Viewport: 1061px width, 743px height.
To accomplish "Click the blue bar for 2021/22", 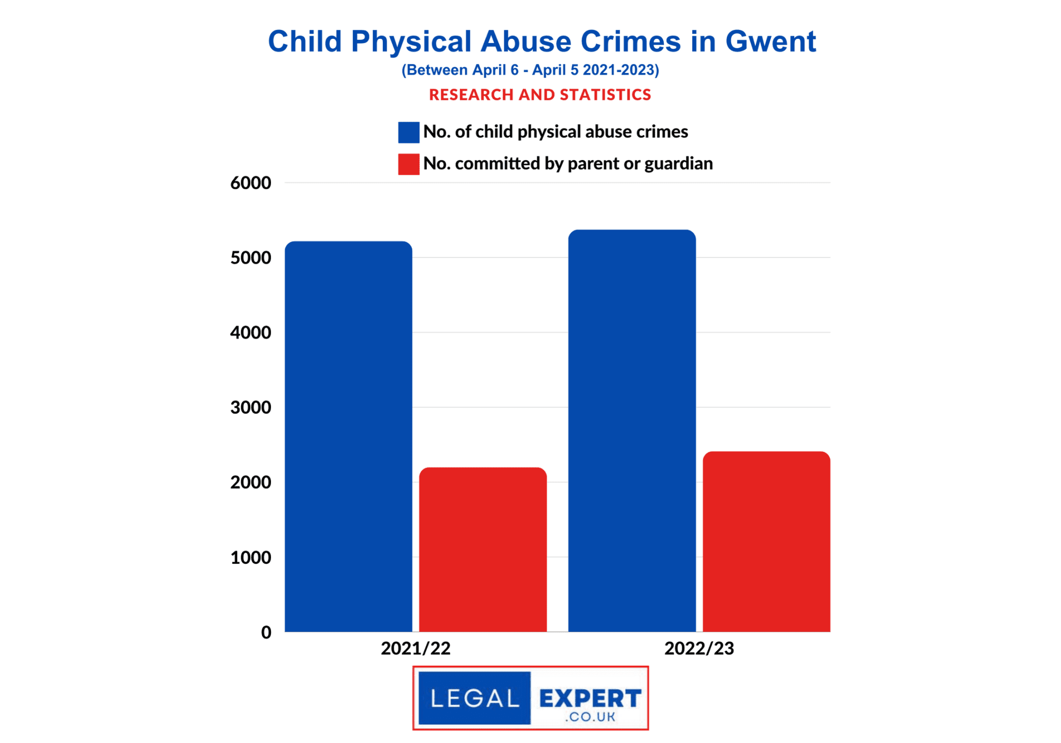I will click(x=348, y=436).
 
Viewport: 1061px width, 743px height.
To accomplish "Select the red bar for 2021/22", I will click(x=482, y=549).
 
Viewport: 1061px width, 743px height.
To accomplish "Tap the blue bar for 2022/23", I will click(x=632, y=431).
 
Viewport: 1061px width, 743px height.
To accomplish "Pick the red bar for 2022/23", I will click(x=766, y=541).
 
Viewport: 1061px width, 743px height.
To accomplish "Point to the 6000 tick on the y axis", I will click(x=251, y=183).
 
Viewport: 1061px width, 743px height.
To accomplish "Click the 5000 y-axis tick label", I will click(x=251, y=258).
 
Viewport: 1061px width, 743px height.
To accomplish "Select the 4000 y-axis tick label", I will click(x=251, y=333).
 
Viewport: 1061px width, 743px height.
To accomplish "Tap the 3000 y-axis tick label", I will click(x=251, y=407).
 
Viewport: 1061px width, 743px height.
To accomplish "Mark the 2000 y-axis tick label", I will click(x=251, y=482).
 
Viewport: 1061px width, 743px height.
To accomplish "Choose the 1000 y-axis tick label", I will click(x=251, y=558).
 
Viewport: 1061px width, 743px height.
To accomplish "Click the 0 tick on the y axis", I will click(x=266, y=632).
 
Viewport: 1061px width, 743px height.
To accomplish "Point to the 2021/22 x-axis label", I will click(x=415, y=648).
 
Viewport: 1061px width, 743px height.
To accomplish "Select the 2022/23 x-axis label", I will click(x=699, y=648).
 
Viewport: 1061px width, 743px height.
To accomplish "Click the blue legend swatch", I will click(x=408, y=132).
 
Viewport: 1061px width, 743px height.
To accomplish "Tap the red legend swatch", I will click(x=408, y=164).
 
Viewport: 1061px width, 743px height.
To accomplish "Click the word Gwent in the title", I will click(x=770, y=41).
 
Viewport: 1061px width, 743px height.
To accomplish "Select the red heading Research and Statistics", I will click(x=540, y=95).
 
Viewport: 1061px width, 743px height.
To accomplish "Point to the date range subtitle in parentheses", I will click(x=530, y=70).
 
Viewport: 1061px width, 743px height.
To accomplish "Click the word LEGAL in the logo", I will click(x=474, y=698).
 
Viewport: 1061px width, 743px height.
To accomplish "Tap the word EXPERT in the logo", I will click(x=590, y=698).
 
